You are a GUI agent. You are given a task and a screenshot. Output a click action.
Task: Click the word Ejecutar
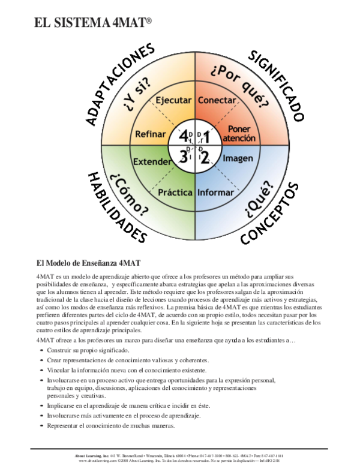[173, 100]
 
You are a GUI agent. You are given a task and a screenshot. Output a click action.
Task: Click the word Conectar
[216, 100]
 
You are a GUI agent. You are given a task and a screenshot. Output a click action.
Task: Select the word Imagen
[238, 159]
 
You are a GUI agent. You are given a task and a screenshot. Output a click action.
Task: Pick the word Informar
[215, 193]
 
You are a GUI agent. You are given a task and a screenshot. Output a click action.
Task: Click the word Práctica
[175, 193]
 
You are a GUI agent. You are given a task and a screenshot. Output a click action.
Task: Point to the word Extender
[152, 161]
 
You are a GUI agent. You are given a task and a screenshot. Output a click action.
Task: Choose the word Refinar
[151, 134]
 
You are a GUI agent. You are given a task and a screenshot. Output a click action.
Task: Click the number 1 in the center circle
[206, 136]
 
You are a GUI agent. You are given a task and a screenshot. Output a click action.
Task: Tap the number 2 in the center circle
[205, 157]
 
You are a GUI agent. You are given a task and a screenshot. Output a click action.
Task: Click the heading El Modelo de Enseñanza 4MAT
[88, 261]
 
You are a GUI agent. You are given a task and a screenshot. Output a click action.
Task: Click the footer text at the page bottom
[180, 454]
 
